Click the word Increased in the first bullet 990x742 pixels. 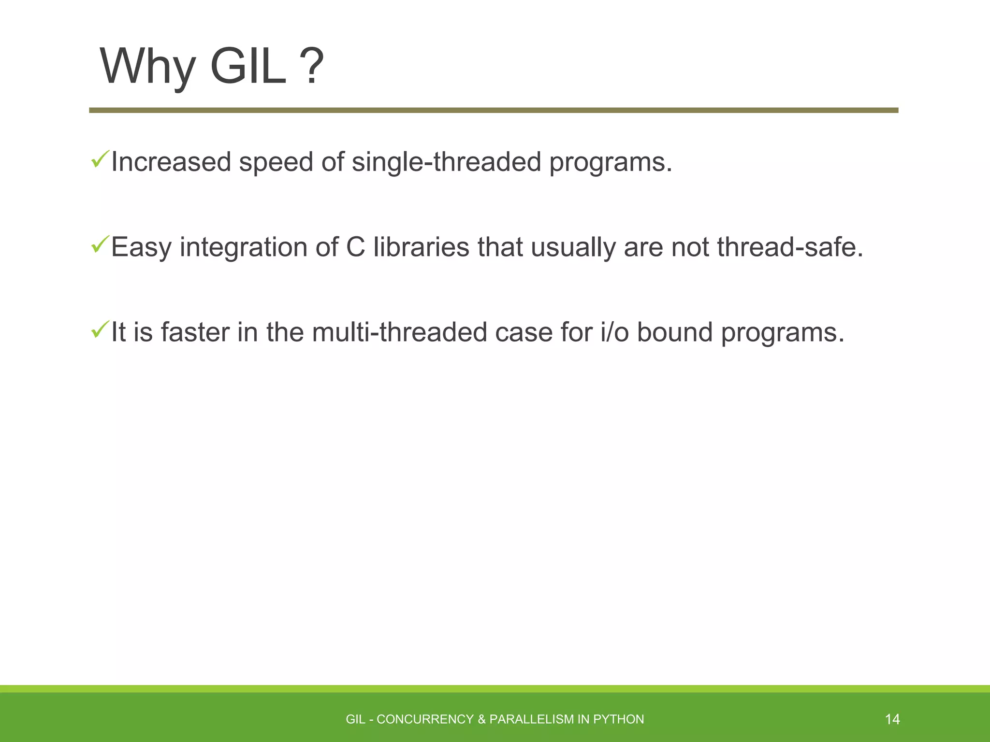tap(171, 162)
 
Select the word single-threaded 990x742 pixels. tap(446, 162)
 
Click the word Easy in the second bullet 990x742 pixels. tap(141, 248)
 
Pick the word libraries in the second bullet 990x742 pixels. tap(421, 247)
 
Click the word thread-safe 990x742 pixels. tap(790, 247)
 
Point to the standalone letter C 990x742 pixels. tap(355, 247)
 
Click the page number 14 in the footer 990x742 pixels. tap(892, 719)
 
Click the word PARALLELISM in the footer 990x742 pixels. tap(531, 719)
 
